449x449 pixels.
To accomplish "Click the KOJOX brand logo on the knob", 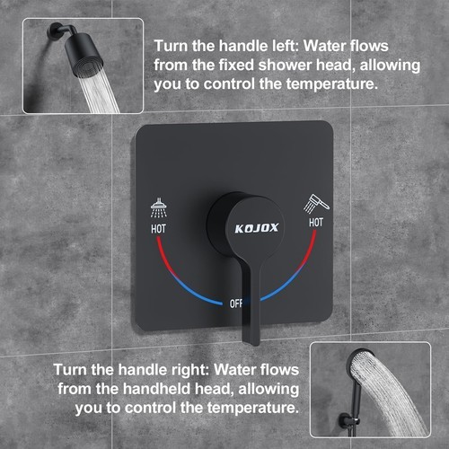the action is point(257,228).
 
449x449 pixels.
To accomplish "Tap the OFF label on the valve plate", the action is point(235,304).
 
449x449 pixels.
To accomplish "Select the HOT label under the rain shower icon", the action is point(158,229).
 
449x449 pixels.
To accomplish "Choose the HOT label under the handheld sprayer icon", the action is point(316,223).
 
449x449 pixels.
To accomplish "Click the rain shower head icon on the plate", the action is point(159,207).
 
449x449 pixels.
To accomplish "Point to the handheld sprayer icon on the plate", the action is point(316,204).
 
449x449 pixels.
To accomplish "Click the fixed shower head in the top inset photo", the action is point(84,55).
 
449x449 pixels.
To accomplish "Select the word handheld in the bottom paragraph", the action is point(157,389).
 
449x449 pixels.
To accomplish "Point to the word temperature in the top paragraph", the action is point(332,84).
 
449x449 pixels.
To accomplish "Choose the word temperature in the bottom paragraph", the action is point(253,408).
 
